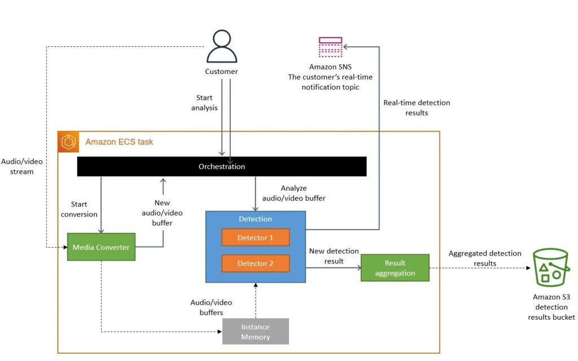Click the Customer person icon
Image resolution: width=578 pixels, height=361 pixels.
(x=221, y=47)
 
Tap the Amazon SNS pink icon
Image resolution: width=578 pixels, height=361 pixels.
(x=330, y=47)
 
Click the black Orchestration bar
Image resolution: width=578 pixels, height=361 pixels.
(x=222, y=166)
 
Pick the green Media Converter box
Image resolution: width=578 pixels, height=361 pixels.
(x=101, y=247)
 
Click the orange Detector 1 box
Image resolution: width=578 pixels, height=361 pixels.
(x=255, y=237)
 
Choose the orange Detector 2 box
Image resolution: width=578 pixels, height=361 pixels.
(x=255, y=263)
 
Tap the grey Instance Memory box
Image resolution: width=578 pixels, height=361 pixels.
(x=256, y=332)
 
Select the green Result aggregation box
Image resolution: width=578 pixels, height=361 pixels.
(x=395, y=268)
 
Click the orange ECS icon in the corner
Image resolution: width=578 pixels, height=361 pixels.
(x=68, y=142)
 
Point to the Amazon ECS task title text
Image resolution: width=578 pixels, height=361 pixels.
(x=119, y=142)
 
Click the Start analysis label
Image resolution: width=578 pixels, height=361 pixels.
(x=204, y=103)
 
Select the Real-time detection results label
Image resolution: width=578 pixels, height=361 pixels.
(x=417, y=108)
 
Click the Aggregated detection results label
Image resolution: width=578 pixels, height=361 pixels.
(x=485, y=258)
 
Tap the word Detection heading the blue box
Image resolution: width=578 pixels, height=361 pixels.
(x=255, y=219)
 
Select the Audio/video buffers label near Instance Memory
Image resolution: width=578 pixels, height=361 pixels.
(x=211, y=307)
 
